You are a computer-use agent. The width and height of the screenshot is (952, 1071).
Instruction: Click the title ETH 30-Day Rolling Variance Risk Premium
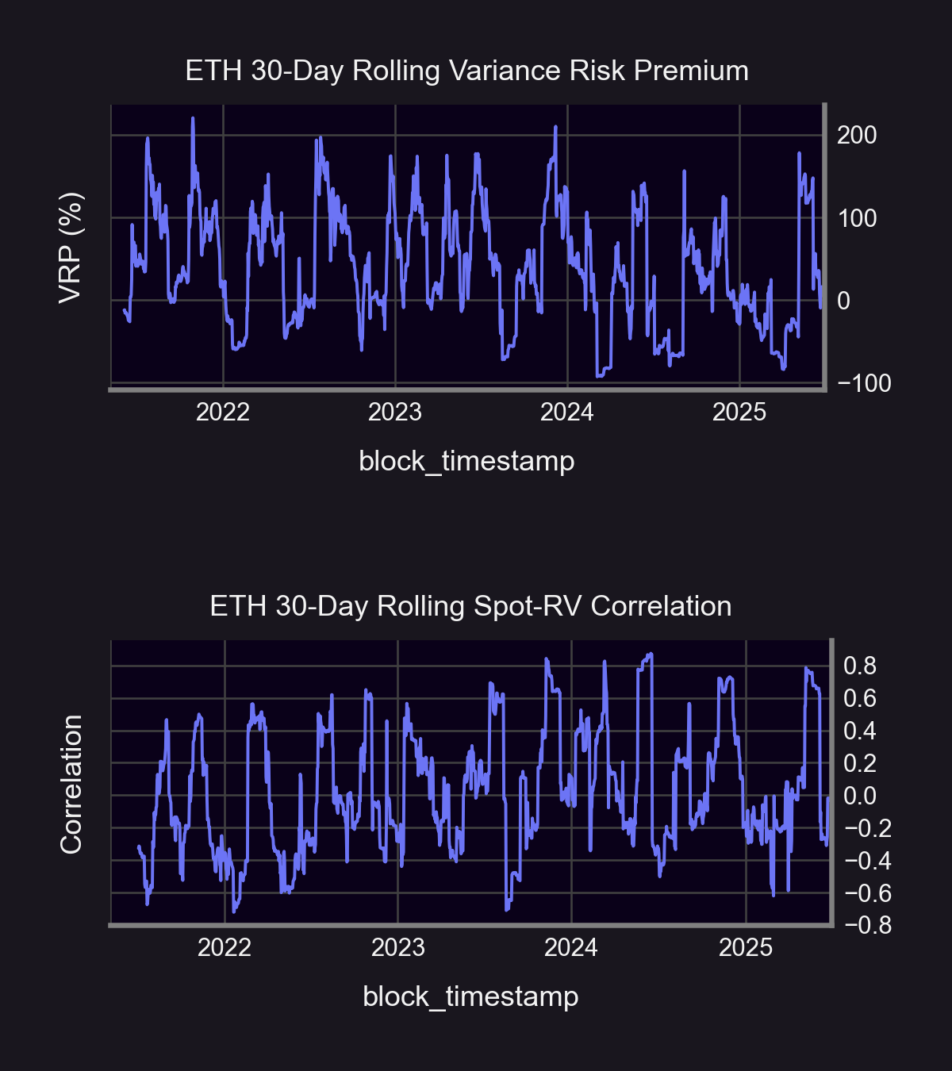[x=466, y=71]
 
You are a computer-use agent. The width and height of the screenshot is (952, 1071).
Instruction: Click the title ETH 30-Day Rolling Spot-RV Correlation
[x=470, y=606]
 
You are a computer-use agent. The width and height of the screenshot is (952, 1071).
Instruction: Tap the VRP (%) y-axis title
[x=71, y=248]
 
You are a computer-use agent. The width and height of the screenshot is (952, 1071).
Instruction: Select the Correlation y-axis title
[x=71, y=785]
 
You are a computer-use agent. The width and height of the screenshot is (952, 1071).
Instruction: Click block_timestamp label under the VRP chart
[x=466, y=461]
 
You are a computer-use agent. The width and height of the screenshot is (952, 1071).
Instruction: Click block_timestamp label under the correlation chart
[x=470, y=997]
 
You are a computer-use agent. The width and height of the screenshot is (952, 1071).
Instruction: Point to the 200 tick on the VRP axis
[x=857, y=136]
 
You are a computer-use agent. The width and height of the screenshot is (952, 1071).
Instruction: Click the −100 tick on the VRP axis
[x=864, y=383]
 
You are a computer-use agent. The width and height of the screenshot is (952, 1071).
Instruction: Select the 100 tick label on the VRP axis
[x=857, y=218]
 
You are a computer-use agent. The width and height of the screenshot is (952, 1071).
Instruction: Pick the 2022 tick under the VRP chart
[x=223, y=413]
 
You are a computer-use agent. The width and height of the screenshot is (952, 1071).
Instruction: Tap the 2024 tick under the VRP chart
[x=566, y=413]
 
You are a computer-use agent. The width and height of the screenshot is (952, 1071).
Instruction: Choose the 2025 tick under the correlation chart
[x=745, y=948]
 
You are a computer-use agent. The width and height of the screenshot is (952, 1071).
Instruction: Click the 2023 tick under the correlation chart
[x=398, y=948]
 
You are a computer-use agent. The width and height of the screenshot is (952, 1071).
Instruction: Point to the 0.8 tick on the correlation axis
[x=860, y=666]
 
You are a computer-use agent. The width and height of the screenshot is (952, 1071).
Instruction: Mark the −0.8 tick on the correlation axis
[x=868, y=926]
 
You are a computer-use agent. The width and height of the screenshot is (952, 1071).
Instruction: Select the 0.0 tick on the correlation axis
[x=860, y=796]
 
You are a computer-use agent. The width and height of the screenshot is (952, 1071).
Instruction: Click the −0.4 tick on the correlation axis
[x=868, y=861]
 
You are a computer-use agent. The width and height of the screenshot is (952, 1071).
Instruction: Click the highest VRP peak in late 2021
[x=193, y=118]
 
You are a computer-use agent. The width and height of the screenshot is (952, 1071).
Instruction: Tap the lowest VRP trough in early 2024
[x=598, y=376]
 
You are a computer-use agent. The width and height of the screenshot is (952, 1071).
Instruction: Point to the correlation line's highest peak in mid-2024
[x=651, y=654]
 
